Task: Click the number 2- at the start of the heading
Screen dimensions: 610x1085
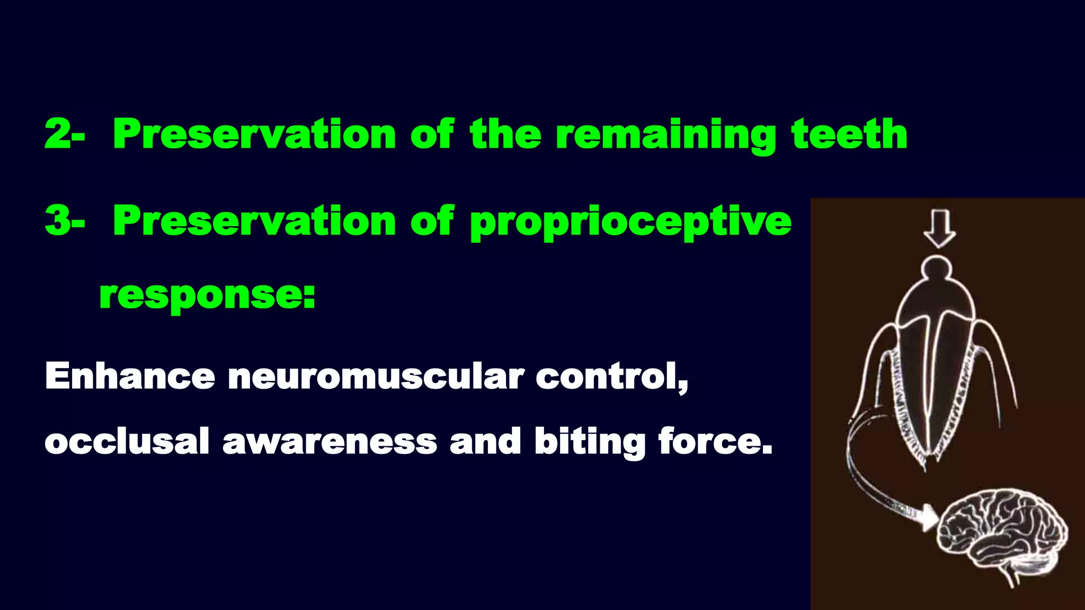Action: [64, 134]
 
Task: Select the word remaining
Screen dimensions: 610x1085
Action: [665, 136]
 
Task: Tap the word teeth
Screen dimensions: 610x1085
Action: [849, 134]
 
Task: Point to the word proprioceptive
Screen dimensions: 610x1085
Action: [630, 222]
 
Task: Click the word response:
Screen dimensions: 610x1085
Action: [207, 295]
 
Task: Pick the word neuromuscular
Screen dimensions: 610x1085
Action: [376, 377]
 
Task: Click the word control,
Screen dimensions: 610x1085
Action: [611, 377]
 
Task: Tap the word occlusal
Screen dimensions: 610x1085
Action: [127, 441]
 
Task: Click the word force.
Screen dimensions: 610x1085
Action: [715, 441]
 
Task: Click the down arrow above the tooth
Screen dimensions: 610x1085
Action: [939, 228]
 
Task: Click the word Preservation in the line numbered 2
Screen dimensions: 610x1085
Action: [254, 134]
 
